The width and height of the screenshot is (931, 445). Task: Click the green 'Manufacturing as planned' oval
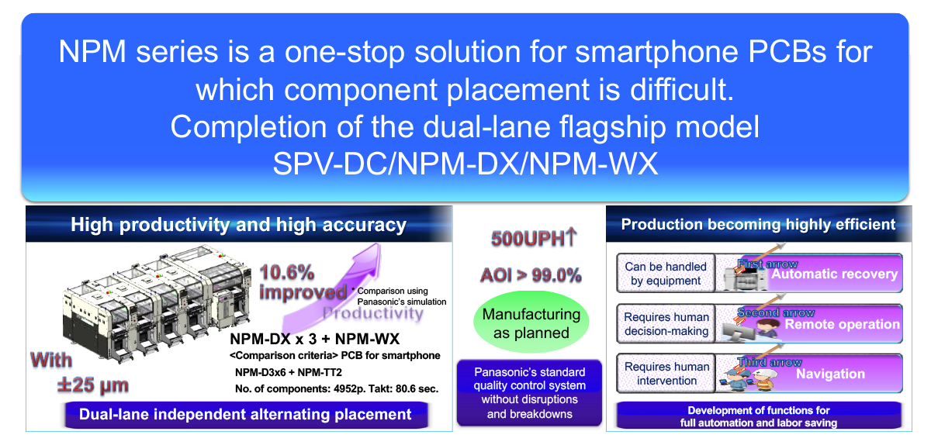tap(531, 324)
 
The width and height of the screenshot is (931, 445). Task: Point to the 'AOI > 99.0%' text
tap(531, 274)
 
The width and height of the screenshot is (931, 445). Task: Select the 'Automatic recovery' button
tap(834, 274)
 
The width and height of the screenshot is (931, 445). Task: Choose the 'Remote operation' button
tap(842, 324)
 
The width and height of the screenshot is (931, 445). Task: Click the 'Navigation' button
tap(830, 374)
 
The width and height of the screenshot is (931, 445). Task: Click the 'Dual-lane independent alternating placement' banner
tap(245, 414)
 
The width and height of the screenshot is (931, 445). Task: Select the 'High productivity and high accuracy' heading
tap(238, 225)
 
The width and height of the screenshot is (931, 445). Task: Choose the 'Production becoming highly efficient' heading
tap(758, 225)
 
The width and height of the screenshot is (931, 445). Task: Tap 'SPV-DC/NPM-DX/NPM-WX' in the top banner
tap(465, 164)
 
